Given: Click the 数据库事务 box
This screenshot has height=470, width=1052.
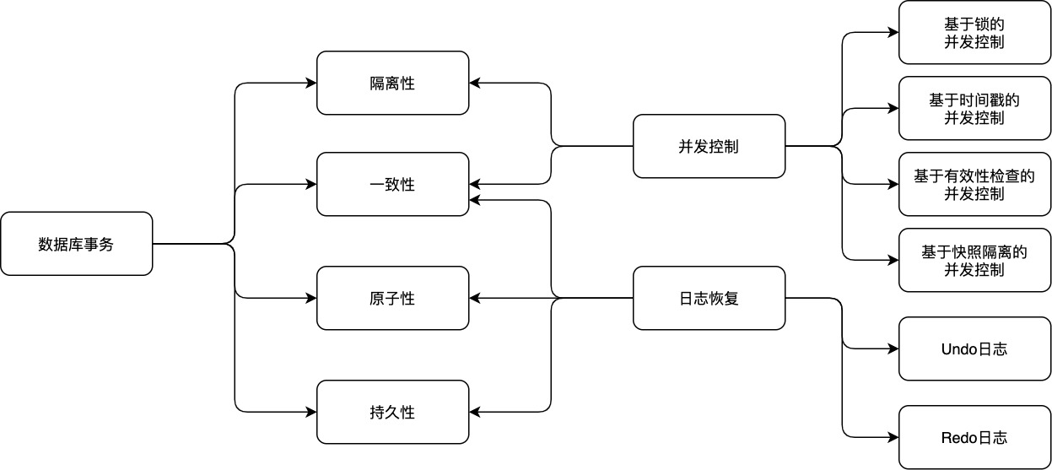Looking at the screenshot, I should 76,244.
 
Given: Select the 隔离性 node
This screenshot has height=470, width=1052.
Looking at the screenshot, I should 392,83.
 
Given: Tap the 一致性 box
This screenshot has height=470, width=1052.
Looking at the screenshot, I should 392,184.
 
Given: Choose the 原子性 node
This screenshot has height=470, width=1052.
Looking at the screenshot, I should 392,298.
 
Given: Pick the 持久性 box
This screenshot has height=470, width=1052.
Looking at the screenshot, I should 392,412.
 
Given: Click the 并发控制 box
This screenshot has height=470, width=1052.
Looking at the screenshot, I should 709,146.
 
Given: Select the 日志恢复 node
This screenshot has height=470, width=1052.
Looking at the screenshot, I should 709,298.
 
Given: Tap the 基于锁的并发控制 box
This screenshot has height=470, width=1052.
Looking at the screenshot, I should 974,32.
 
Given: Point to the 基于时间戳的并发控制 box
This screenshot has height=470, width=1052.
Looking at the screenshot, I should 974,108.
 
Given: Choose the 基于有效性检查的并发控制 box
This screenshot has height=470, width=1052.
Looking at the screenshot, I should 974,184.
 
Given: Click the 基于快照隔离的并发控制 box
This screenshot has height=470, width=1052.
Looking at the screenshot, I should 974,260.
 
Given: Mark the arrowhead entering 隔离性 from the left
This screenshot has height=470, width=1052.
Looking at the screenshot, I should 310,83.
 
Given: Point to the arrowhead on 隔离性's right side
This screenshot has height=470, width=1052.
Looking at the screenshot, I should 475,83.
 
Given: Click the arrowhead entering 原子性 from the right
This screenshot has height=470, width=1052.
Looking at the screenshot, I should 475,298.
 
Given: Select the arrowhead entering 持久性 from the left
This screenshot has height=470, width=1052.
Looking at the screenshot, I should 310,412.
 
